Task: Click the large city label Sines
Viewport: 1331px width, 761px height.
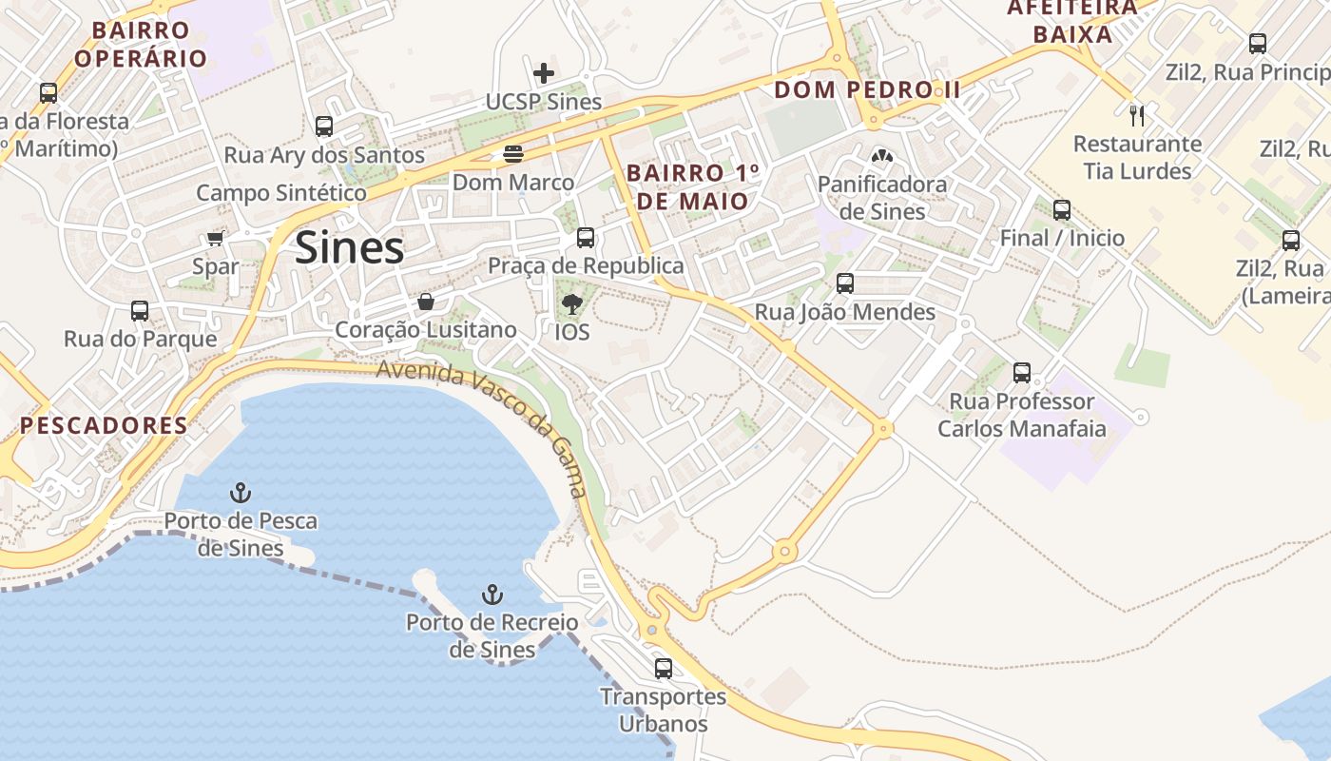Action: point(350,248)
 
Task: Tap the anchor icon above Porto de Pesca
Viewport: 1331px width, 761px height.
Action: point(241,493)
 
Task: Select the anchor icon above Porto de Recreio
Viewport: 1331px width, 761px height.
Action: point(492,595)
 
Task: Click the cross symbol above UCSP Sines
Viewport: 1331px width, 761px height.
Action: point(544,73)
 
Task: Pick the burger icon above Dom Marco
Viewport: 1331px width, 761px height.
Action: point(513,154)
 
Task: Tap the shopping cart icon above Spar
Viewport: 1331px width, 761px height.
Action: point(216,238)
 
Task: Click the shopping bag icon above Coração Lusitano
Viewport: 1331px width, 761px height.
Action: point(426,302)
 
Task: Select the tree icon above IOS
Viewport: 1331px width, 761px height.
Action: point(571,304)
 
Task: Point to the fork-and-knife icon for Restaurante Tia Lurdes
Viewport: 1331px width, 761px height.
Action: point(1137,116)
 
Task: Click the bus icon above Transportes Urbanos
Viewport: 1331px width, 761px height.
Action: point(664,669)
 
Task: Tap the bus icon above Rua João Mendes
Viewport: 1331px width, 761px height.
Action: point(844,283)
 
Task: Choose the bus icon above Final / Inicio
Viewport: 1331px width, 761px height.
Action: point(1062,210)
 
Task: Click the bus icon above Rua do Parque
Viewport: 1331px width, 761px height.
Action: point(140,311)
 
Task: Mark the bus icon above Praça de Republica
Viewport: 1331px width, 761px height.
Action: point(586,238)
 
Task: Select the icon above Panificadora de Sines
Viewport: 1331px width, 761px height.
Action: point(881,156)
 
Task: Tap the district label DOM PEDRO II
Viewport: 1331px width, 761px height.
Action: point(867,90)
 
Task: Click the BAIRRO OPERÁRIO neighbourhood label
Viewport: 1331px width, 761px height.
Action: point(141,44)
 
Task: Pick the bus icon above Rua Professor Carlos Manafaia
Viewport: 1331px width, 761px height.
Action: point(1022,373)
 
